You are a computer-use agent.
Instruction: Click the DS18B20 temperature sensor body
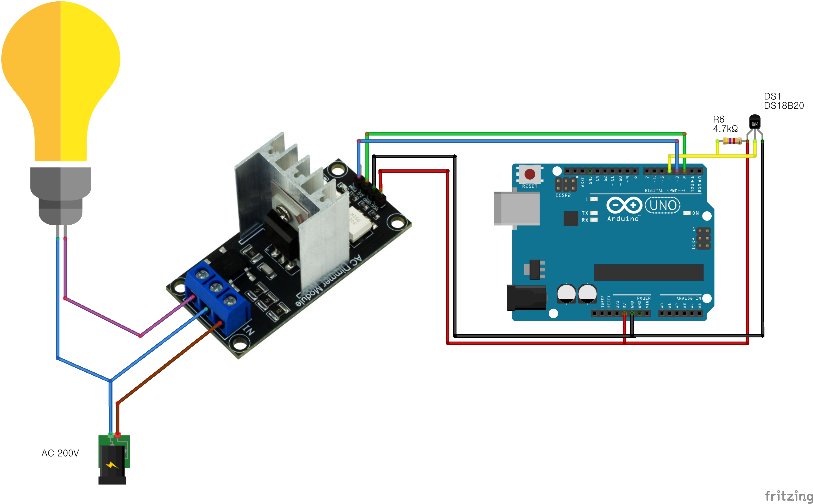pos(755,122)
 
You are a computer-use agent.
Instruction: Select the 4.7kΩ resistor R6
pos(732,141)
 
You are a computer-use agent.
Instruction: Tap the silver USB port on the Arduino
pos(516,209)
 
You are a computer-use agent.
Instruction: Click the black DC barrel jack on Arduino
pos(526,298)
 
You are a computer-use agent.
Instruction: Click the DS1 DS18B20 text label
pos(783,101)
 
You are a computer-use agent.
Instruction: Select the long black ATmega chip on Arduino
pos(648,273)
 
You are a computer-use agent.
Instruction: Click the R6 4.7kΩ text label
pos(725,124)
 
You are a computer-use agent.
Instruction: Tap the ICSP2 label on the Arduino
pos(563,195)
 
